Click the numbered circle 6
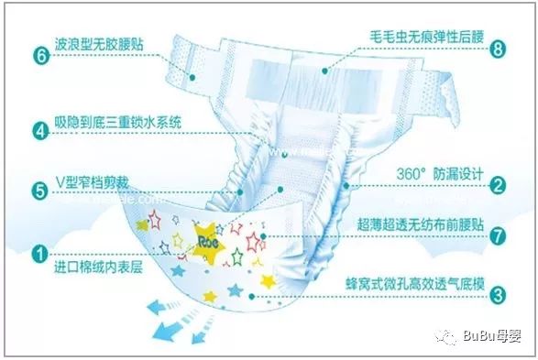coord(40,54)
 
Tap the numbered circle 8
coord(498,49)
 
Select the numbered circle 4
coord(40,130)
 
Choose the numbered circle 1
coord(40,253)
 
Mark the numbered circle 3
coord(498,295)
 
